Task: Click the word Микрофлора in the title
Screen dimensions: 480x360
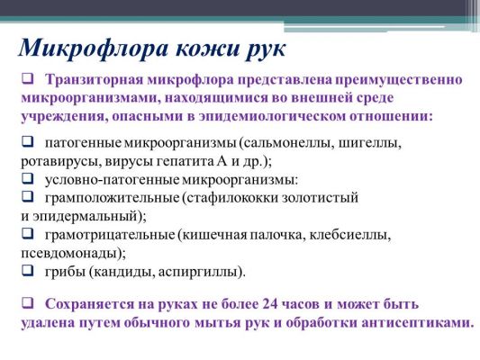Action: pos(93,48)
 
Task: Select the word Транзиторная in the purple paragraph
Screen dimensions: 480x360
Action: pos(95,80)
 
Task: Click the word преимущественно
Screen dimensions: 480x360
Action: pos(398,80)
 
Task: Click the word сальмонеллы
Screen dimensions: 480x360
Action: pos(287,143)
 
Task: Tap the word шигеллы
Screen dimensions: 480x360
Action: pos(370,143)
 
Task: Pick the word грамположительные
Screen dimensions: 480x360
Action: pos(112,198)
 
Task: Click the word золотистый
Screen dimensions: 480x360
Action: pos(320,198)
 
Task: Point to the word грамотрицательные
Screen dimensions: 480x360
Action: pos(110,235)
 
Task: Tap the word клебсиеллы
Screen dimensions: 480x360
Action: pos(350,235)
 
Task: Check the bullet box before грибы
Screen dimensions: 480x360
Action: pos(28,271)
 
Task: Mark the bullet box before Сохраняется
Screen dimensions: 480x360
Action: pos(28,303)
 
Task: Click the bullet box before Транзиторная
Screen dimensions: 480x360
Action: pos(28,78)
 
